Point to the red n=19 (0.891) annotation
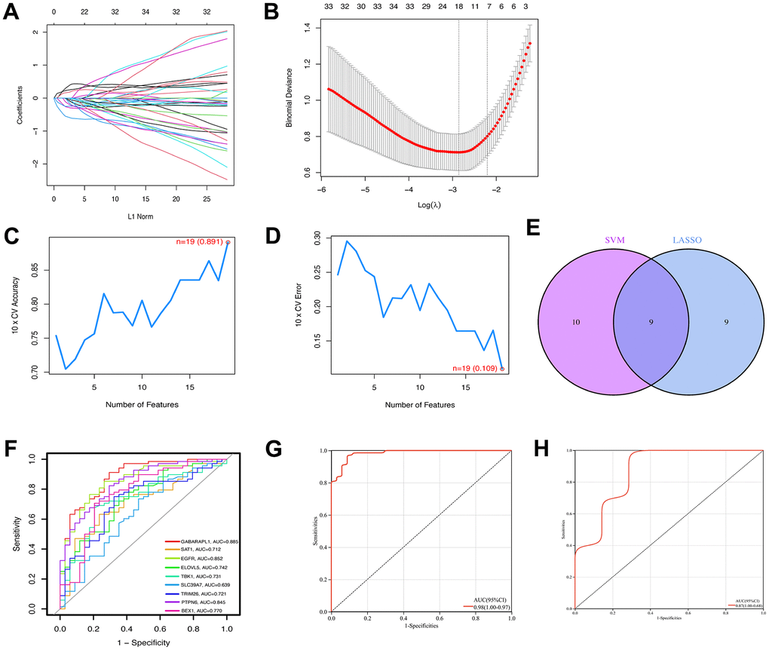click(192, 242)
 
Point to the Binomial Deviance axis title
click(289, 104)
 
